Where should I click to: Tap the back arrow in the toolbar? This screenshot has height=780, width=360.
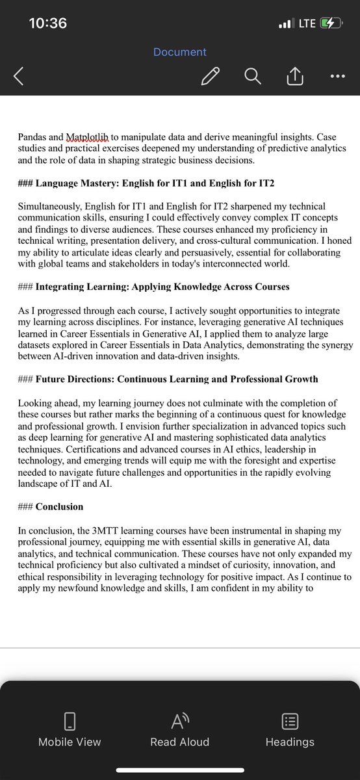[x=18, y=77]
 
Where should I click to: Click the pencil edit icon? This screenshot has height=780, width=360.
[x=210, y=77]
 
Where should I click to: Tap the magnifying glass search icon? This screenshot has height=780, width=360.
[x=252, y=77]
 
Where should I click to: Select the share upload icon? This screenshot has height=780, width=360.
[x=294, y=77]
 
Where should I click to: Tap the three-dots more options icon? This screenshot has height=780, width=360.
[x=337, y=76]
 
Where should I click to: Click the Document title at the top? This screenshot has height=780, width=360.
[x=180, y=52]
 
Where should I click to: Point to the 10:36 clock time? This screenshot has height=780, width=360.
[x=48, y=23]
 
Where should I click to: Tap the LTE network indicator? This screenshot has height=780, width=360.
[x=307, y=23]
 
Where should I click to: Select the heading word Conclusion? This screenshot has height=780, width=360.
[x=59, y=506]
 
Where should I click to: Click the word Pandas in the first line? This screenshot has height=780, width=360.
[x=34, y=137]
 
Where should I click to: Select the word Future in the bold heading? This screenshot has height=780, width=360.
[x=51, y=379]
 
